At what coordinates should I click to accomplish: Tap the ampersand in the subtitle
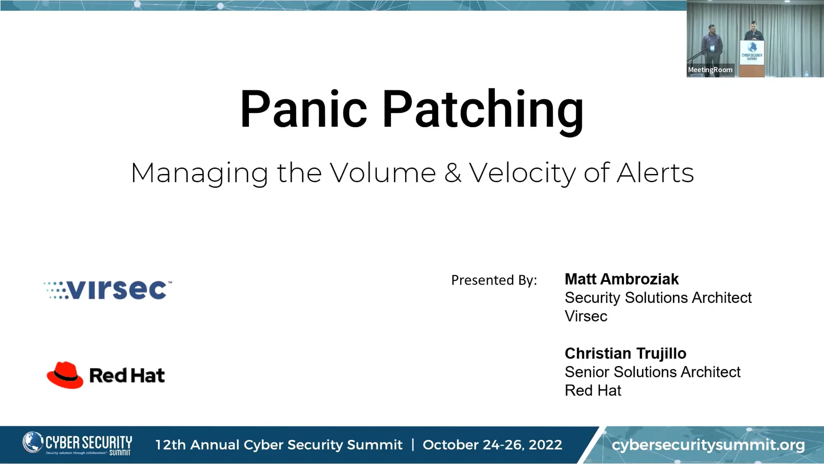pos(453,173)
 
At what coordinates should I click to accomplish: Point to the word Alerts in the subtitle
pos(655,173)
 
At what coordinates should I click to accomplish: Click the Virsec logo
pos(108,290)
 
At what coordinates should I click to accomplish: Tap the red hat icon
pos(65,375)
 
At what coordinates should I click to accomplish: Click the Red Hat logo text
pos(127,375)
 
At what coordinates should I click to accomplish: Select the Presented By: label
pos(494,280)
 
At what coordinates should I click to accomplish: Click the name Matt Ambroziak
pos(622,279)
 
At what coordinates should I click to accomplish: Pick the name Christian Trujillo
pos(626,354)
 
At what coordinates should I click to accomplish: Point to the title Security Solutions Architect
pos(658,298)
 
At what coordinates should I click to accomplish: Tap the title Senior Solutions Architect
pos(653,372)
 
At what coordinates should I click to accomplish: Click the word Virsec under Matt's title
pos(586,316)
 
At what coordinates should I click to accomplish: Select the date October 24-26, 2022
pos(492,445)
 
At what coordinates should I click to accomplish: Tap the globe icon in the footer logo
pos(33,442)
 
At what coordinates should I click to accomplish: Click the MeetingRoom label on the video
pos(710,70)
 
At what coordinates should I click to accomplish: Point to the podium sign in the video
pos(752,53)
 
